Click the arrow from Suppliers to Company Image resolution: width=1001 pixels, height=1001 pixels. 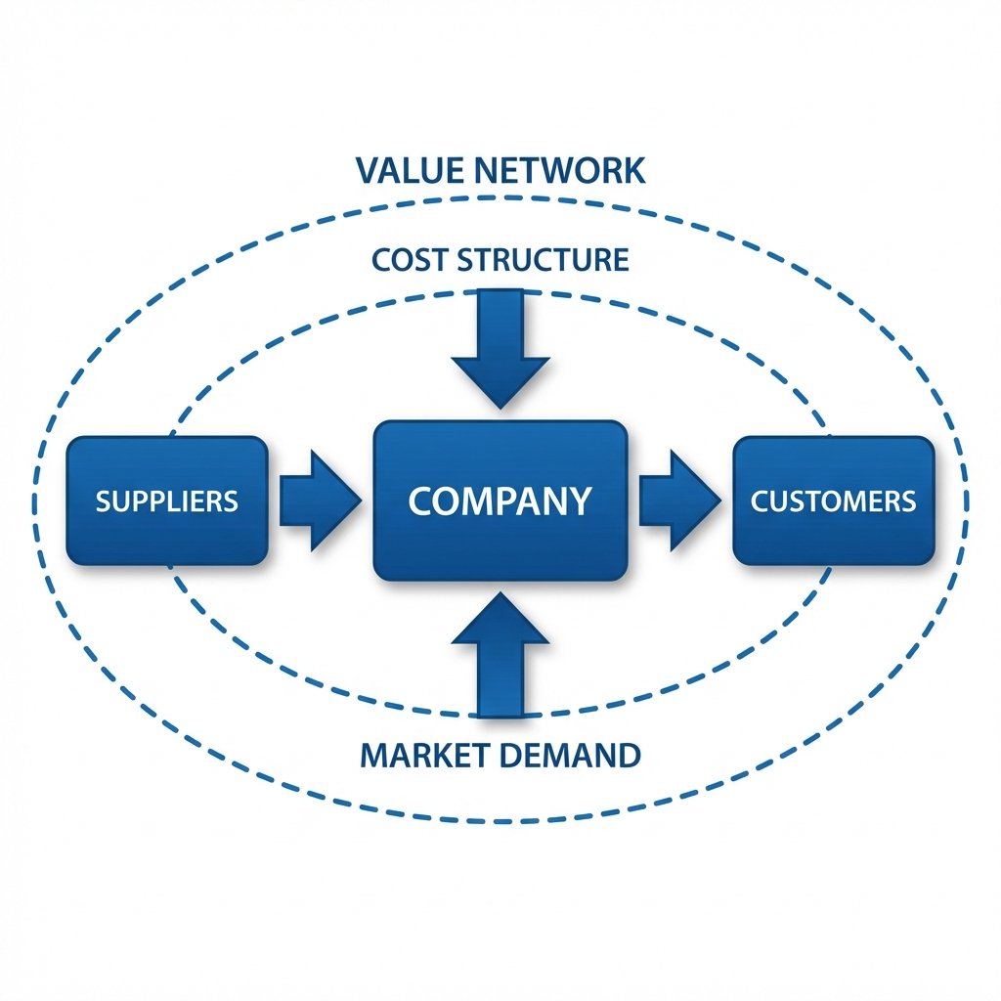(316, 500)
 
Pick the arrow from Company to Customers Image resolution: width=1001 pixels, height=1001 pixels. (676, 500)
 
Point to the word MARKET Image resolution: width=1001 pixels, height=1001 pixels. (421, 755)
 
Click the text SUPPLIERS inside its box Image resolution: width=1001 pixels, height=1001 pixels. (166, 501)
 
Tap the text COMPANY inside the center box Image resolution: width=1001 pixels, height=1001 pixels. (500, 500)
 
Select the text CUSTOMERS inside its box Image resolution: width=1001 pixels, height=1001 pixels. (834, 501)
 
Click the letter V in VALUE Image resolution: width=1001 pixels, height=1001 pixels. (368, 169)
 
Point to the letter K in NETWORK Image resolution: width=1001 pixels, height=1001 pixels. (632, 169)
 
